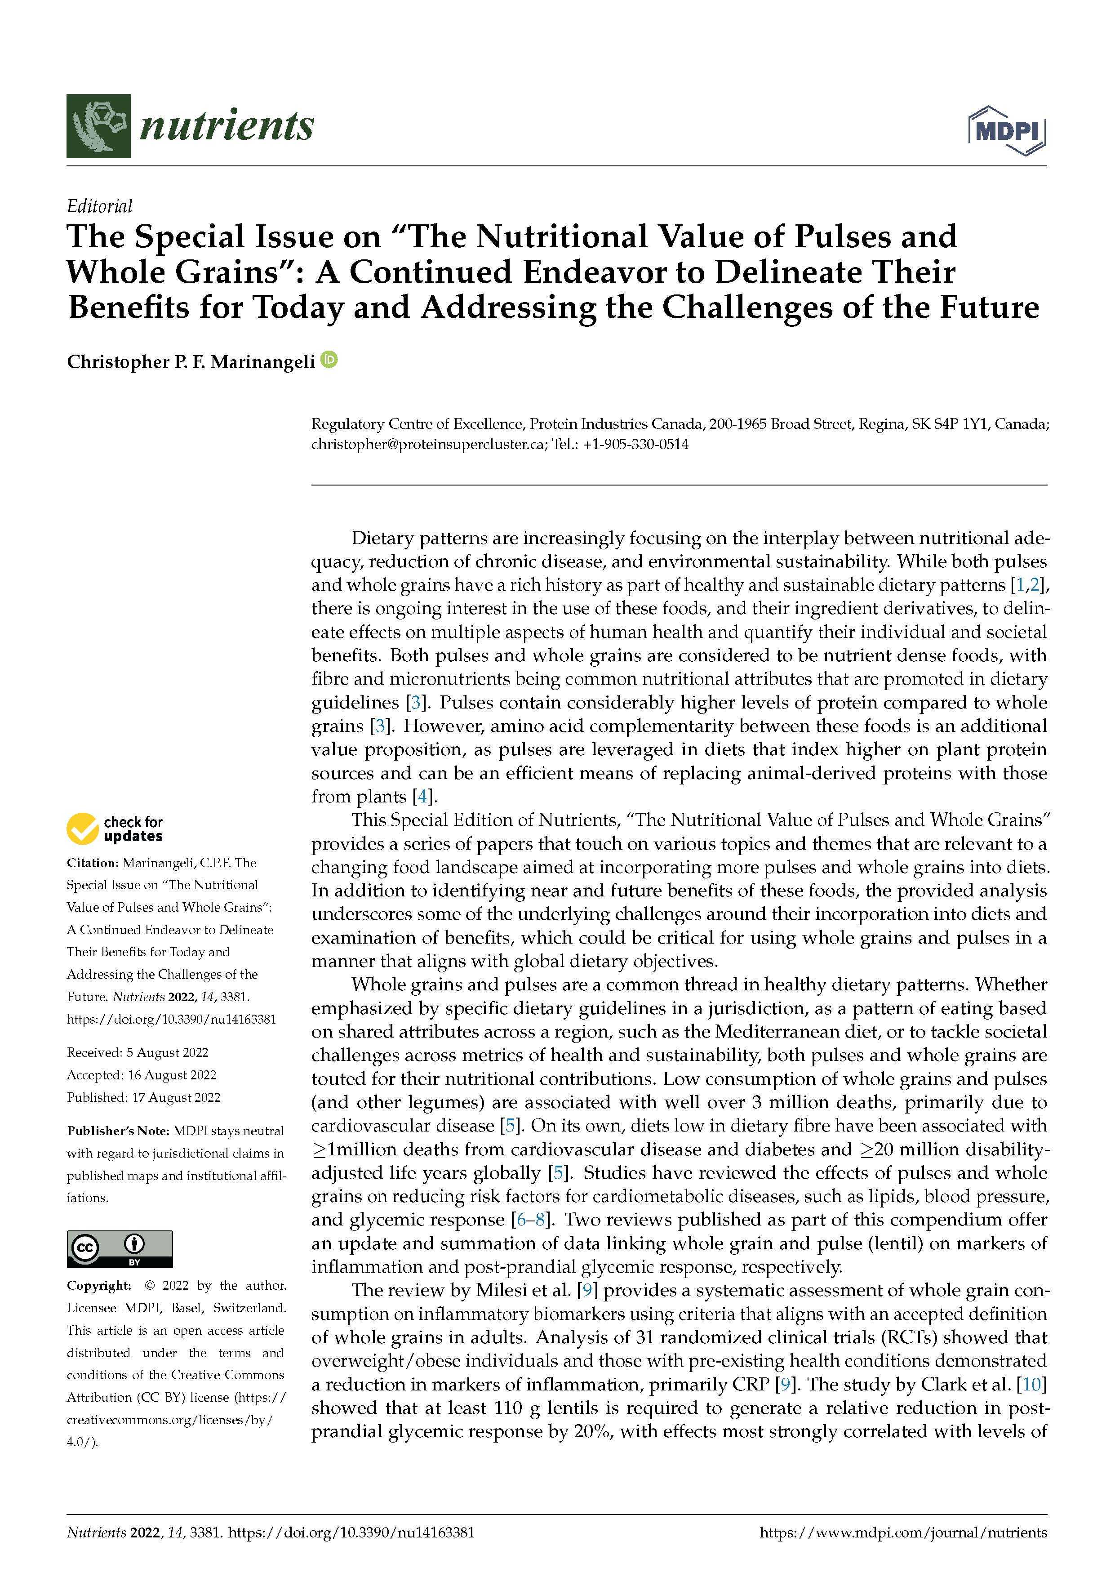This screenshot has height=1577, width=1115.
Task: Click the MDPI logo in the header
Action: tap(1007, 130)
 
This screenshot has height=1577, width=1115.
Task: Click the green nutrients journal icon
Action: tap(98, 126)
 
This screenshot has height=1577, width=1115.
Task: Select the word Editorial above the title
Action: tap(100, 205)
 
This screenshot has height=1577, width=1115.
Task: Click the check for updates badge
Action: tap(115, 829)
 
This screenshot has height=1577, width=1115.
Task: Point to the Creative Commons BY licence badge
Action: tap(120, 1249)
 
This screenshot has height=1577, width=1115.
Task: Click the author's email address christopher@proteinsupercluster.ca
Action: tap(429, 445)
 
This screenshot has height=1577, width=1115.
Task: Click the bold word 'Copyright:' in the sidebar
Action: tap(98, 1285)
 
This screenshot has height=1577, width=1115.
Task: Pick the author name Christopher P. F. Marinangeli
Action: tap(191, 362)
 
